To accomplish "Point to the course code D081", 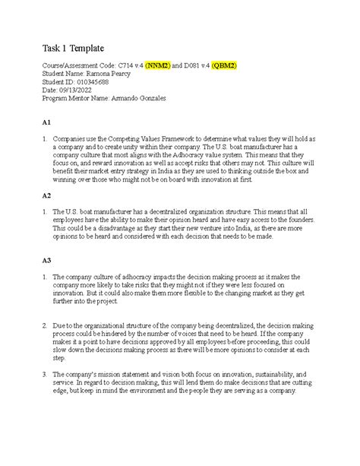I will click(213, 66).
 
